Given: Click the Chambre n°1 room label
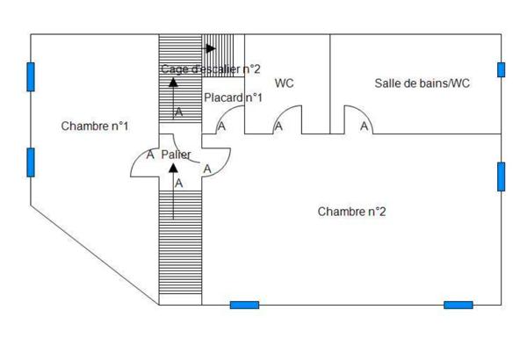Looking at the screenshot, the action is point(95,126).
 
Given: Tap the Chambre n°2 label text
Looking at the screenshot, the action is point(351,212).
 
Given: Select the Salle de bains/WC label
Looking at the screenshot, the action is point(422,83).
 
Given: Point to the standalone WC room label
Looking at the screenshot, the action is point(285,83).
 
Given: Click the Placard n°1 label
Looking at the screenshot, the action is point(233,97).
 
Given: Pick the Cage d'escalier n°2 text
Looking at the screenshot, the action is point(211,68).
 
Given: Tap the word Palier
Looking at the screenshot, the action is point(176,155).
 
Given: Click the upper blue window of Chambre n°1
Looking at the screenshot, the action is point(31,76).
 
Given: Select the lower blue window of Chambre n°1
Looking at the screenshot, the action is point(31,162).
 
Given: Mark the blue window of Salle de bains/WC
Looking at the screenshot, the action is point(502,69).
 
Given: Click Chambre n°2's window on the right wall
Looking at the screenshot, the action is point(502,176).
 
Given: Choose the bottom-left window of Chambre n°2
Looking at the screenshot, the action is point(244,305).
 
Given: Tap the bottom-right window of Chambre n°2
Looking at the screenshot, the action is point(458,305).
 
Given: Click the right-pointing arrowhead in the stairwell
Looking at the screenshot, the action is point(211,48).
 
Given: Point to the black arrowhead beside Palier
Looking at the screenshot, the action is point(173,168).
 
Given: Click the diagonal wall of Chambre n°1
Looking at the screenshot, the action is point(95,255).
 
